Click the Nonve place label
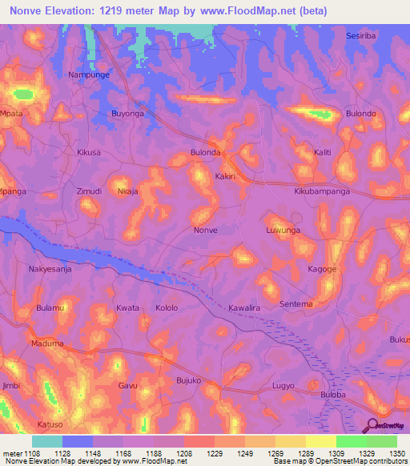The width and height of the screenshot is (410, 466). pyautogui.click(x=206, y=230)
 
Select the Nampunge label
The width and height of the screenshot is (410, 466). pyautogui.click(x=88, y=74)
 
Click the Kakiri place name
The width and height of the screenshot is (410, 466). pyautogui.click(x=227, y=175)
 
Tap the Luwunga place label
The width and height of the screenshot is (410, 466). pyautogui.click(x=283, y=230)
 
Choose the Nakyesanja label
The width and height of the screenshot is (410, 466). pyautogui.click(x=50, y=270)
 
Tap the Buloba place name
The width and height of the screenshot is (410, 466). pyautogui.click(x=332, y=395)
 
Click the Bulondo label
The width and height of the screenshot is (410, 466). pyautogui.click(x=360, y=114)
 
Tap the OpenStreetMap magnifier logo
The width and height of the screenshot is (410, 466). pyautogui.click(x=372, y=425)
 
